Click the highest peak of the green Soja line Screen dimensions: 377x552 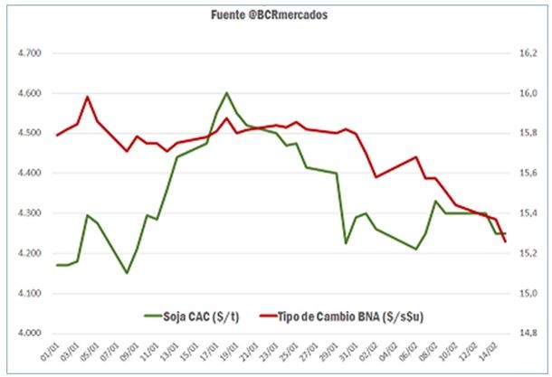[226, 92]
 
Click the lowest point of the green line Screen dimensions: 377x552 [127, 273]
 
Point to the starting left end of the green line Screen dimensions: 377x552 [57, 265]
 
